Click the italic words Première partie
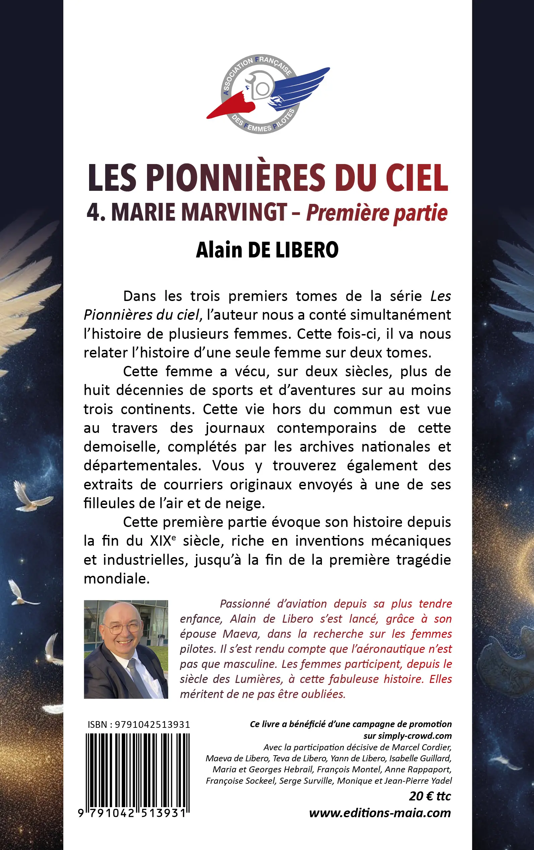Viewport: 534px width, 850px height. coord(377,213)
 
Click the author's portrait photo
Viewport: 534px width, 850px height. coord(126,649)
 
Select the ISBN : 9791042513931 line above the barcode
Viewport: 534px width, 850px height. coord(139,724)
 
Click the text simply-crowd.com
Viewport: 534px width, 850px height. coord(408,736)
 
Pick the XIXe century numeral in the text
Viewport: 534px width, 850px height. coord(162,541)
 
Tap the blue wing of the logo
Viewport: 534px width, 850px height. coord(300,86)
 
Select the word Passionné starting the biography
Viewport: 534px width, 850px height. coord(245,604)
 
